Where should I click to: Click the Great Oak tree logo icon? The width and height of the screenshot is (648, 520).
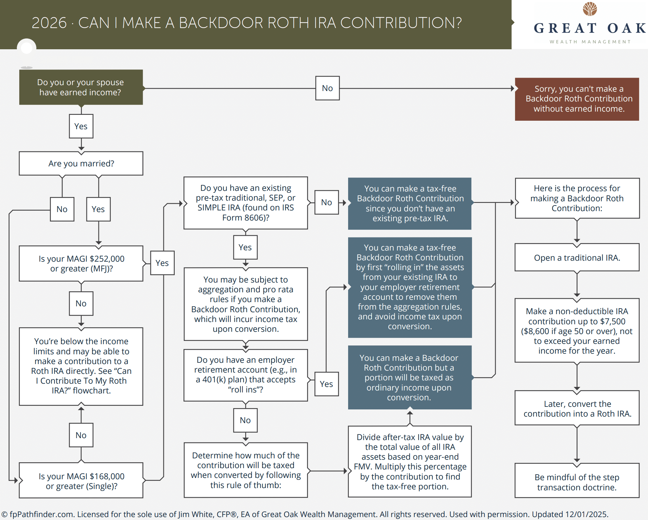click(x=590, y=9)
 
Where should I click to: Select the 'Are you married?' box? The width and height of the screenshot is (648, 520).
click(x=81, y=163)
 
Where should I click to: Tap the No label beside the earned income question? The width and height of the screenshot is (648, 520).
click(x=327, y=88)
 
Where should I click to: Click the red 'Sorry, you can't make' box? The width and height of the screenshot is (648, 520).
click(x=577, y=99)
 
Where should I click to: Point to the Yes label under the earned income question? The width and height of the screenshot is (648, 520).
click(x=81, y=126)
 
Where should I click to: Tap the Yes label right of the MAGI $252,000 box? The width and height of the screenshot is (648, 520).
click(x=162, y=263)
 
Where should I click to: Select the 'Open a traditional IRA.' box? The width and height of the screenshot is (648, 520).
click(x=577, y=258)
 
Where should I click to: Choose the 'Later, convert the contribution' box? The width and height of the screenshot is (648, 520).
click(x=577, y=409)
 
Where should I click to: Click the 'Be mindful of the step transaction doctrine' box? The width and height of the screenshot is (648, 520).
click(x=577, y=482)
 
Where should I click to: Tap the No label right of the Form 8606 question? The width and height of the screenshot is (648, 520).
click(x=326, y=202)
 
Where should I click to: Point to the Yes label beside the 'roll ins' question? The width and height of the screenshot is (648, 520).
click(x=326, y=384)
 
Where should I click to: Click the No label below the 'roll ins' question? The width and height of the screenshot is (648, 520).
click(x=245, y=420)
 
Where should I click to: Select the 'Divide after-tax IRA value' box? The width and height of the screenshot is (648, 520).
click(x=410, y=462)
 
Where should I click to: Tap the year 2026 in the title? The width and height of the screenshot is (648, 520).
click(x=49, y=23)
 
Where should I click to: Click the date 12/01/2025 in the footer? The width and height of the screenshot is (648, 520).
click(x=586, y=514)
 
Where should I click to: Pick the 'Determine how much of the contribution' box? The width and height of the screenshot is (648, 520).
click(x=245, y=470)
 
